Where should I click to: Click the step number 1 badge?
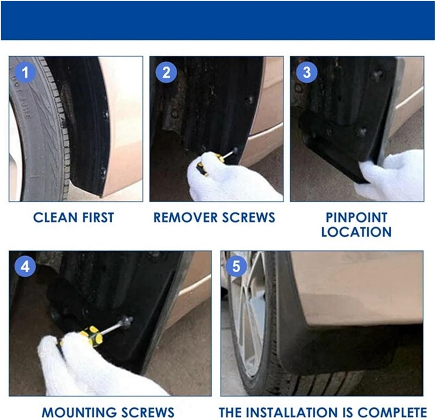click(x=25, y=72)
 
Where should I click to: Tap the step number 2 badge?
click(x=166, y=72)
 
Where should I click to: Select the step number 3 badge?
click(x=307, y=72)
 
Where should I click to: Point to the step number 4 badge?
click(x=25, y=266)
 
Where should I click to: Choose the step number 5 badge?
click(x=236, y=266)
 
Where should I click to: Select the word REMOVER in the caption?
click(x=183, y=218)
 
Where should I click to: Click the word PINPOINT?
click(x=356, y=217)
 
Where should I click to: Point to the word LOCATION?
click(x=356, y=232)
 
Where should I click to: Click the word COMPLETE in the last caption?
click(x=392, y=412)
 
